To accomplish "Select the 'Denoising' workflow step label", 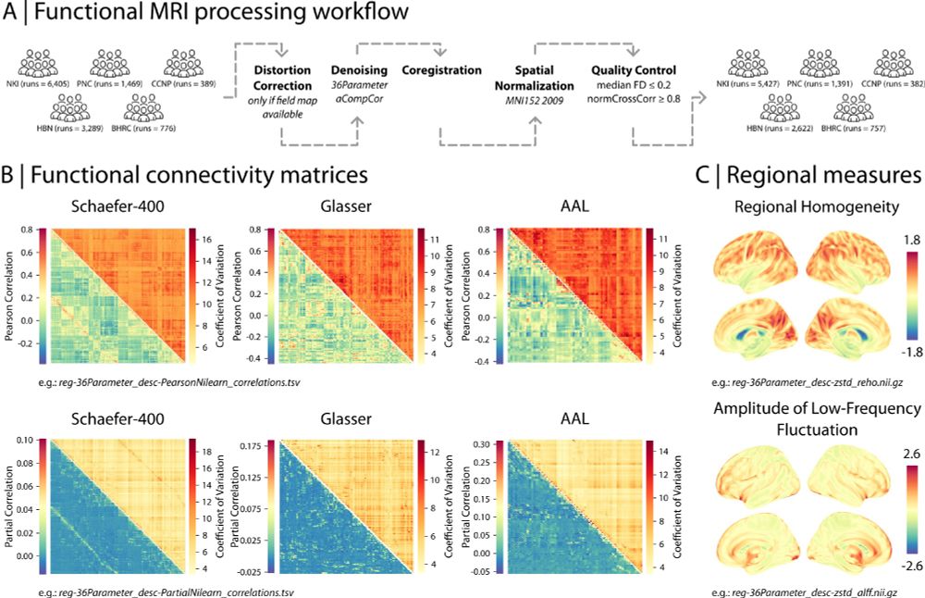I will tap(359, 69).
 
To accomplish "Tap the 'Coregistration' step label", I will tap(441, 69).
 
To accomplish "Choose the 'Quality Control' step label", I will tap(635, 69).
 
